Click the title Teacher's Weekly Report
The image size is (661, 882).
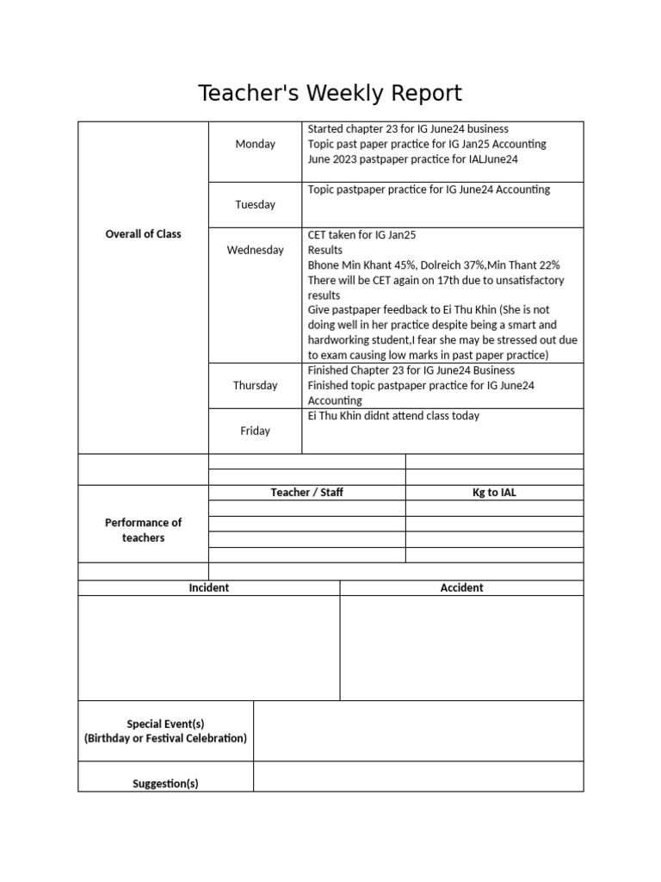(330, 93)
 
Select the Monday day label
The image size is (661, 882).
(255, 144)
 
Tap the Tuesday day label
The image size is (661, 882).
(255, 204)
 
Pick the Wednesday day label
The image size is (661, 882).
(255, 250)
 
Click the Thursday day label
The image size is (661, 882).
(255, 385)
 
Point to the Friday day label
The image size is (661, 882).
(255, 431)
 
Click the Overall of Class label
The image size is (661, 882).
(143, 233)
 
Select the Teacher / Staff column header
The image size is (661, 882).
(306, 493)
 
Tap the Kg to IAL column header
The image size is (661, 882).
(494, 493)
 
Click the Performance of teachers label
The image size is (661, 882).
(143, 530)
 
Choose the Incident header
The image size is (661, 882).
(208, 587)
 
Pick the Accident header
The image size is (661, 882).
(461, 587)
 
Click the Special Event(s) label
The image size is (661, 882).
(165, 724)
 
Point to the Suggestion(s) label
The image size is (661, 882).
(165, 783)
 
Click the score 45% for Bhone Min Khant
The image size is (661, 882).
(402, 265)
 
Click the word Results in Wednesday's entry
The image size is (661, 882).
(324, 250)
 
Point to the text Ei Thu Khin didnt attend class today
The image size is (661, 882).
(393, 416)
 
